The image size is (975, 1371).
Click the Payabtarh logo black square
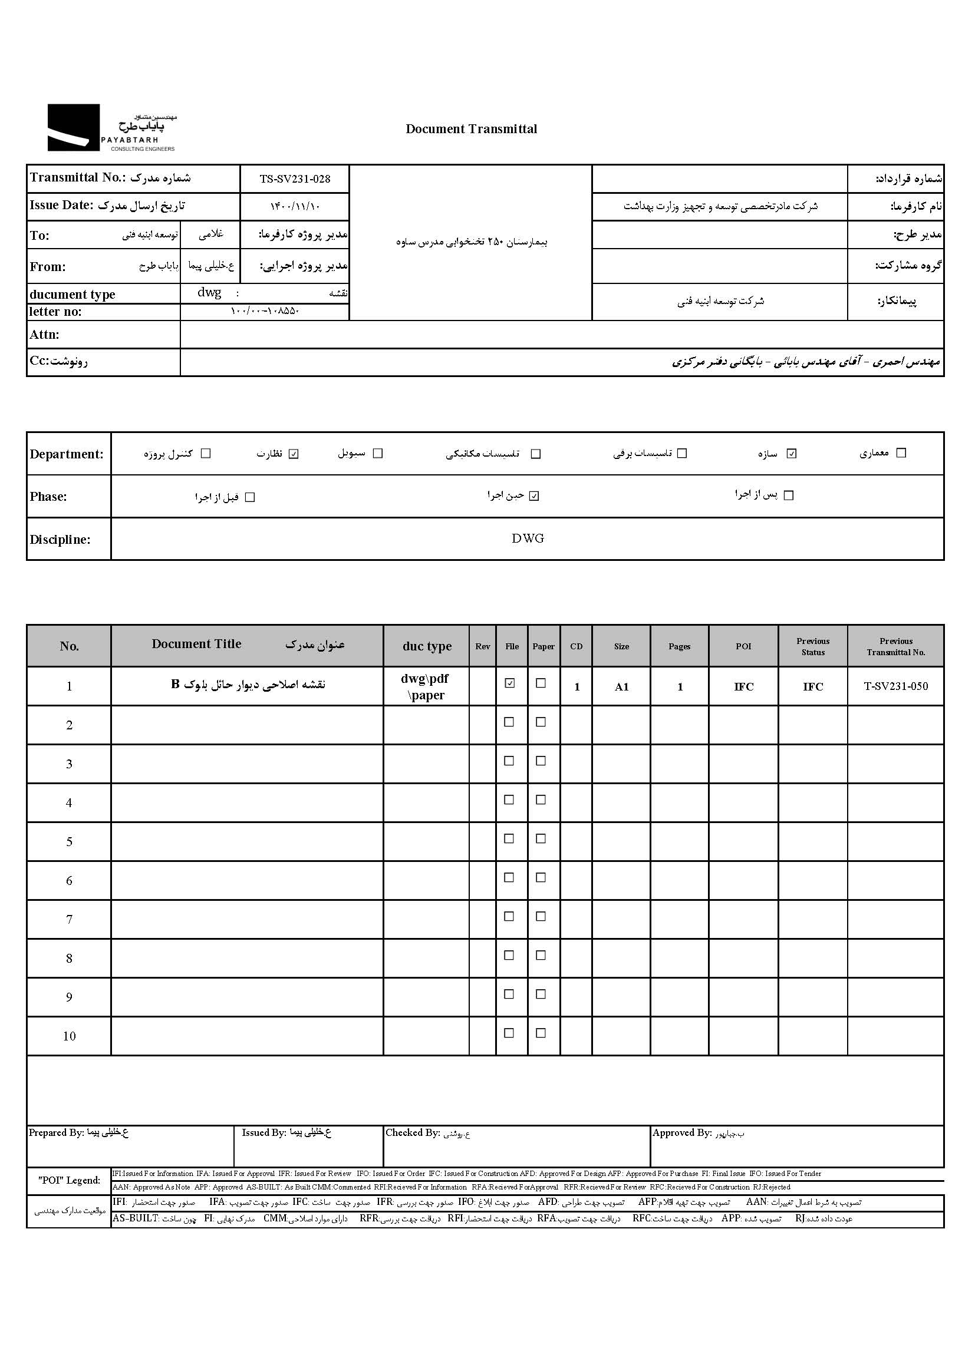point(73,127)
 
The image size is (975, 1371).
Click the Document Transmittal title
point(472,129)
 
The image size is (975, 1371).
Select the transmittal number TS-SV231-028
point(295,179)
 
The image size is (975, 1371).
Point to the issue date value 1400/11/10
point(295,206)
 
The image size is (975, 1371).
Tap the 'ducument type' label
point(73,294)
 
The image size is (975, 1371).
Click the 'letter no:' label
point(55,312)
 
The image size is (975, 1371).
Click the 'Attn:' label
point(44,335)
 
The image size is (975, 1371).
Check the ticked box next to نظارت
point(294,454)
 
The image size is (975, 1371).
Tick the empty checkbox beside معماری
point(901,452)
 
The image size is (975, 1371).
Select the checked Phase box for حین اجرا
point(534,495)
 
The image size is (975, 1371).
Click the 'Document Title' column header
point(196,644)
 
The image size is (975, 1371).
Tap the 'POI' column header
point(743,646)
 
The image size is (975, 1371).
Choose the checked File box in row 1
point(510,683)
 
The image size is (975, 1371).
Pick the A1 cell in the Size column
point(621,687)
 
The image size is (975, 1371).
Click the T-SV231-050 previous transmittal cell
point(896,686)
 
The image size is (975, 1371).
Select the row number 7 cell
point(69,919)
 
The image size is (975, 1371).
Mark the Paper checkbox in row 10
point(541,1033)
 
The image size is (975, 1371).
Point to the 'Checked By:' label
point(413,1133)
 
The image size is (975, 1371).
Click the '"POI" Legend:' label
point(69,1180)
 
